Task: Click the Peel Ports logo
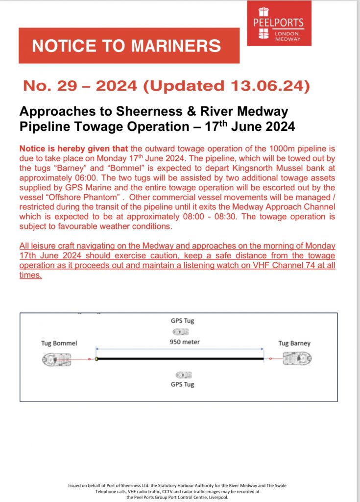(x=279, y=23)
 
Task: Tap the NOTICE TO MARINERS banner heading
(x=126, y=46)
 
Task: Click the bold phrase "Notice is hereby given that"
(x=67, y=148)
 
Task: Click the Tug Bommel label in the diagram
(x=59, y=344)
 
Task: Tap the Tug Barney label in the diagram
(x=294, y=343)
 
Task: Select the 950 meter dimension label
(x=184, y=341)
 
